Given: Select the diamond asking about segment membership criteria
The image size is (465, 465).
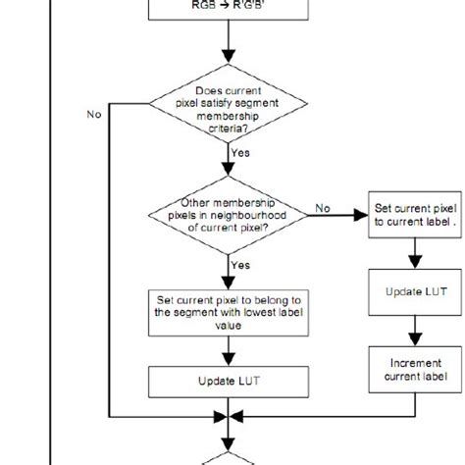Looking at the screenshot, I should coord(228,110).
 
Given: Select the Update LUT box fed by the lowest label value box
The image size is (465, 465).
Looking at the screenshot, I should coord(228,380).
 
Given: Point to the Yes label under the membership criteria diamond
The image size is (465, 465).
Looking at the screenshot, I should coord(239,154).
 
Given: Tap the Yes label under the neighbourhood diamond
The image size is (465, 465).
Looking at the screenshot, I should coord(239,265).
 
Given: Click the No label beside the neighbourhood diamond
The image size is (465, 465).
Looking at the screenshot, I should coord(322,208).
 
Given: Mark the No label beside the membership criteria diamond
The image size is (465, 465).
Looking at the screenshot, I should coord(94,114).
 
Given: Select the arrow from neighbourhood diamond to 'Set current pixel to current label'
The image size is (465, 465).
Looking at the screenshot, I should coord(338,218).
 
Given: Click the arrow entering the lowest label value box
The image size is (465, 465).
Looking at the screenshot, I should coord(228,270).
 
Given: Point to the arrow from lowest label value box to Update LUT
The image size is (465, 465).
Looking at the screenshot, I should coord(228,347).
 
